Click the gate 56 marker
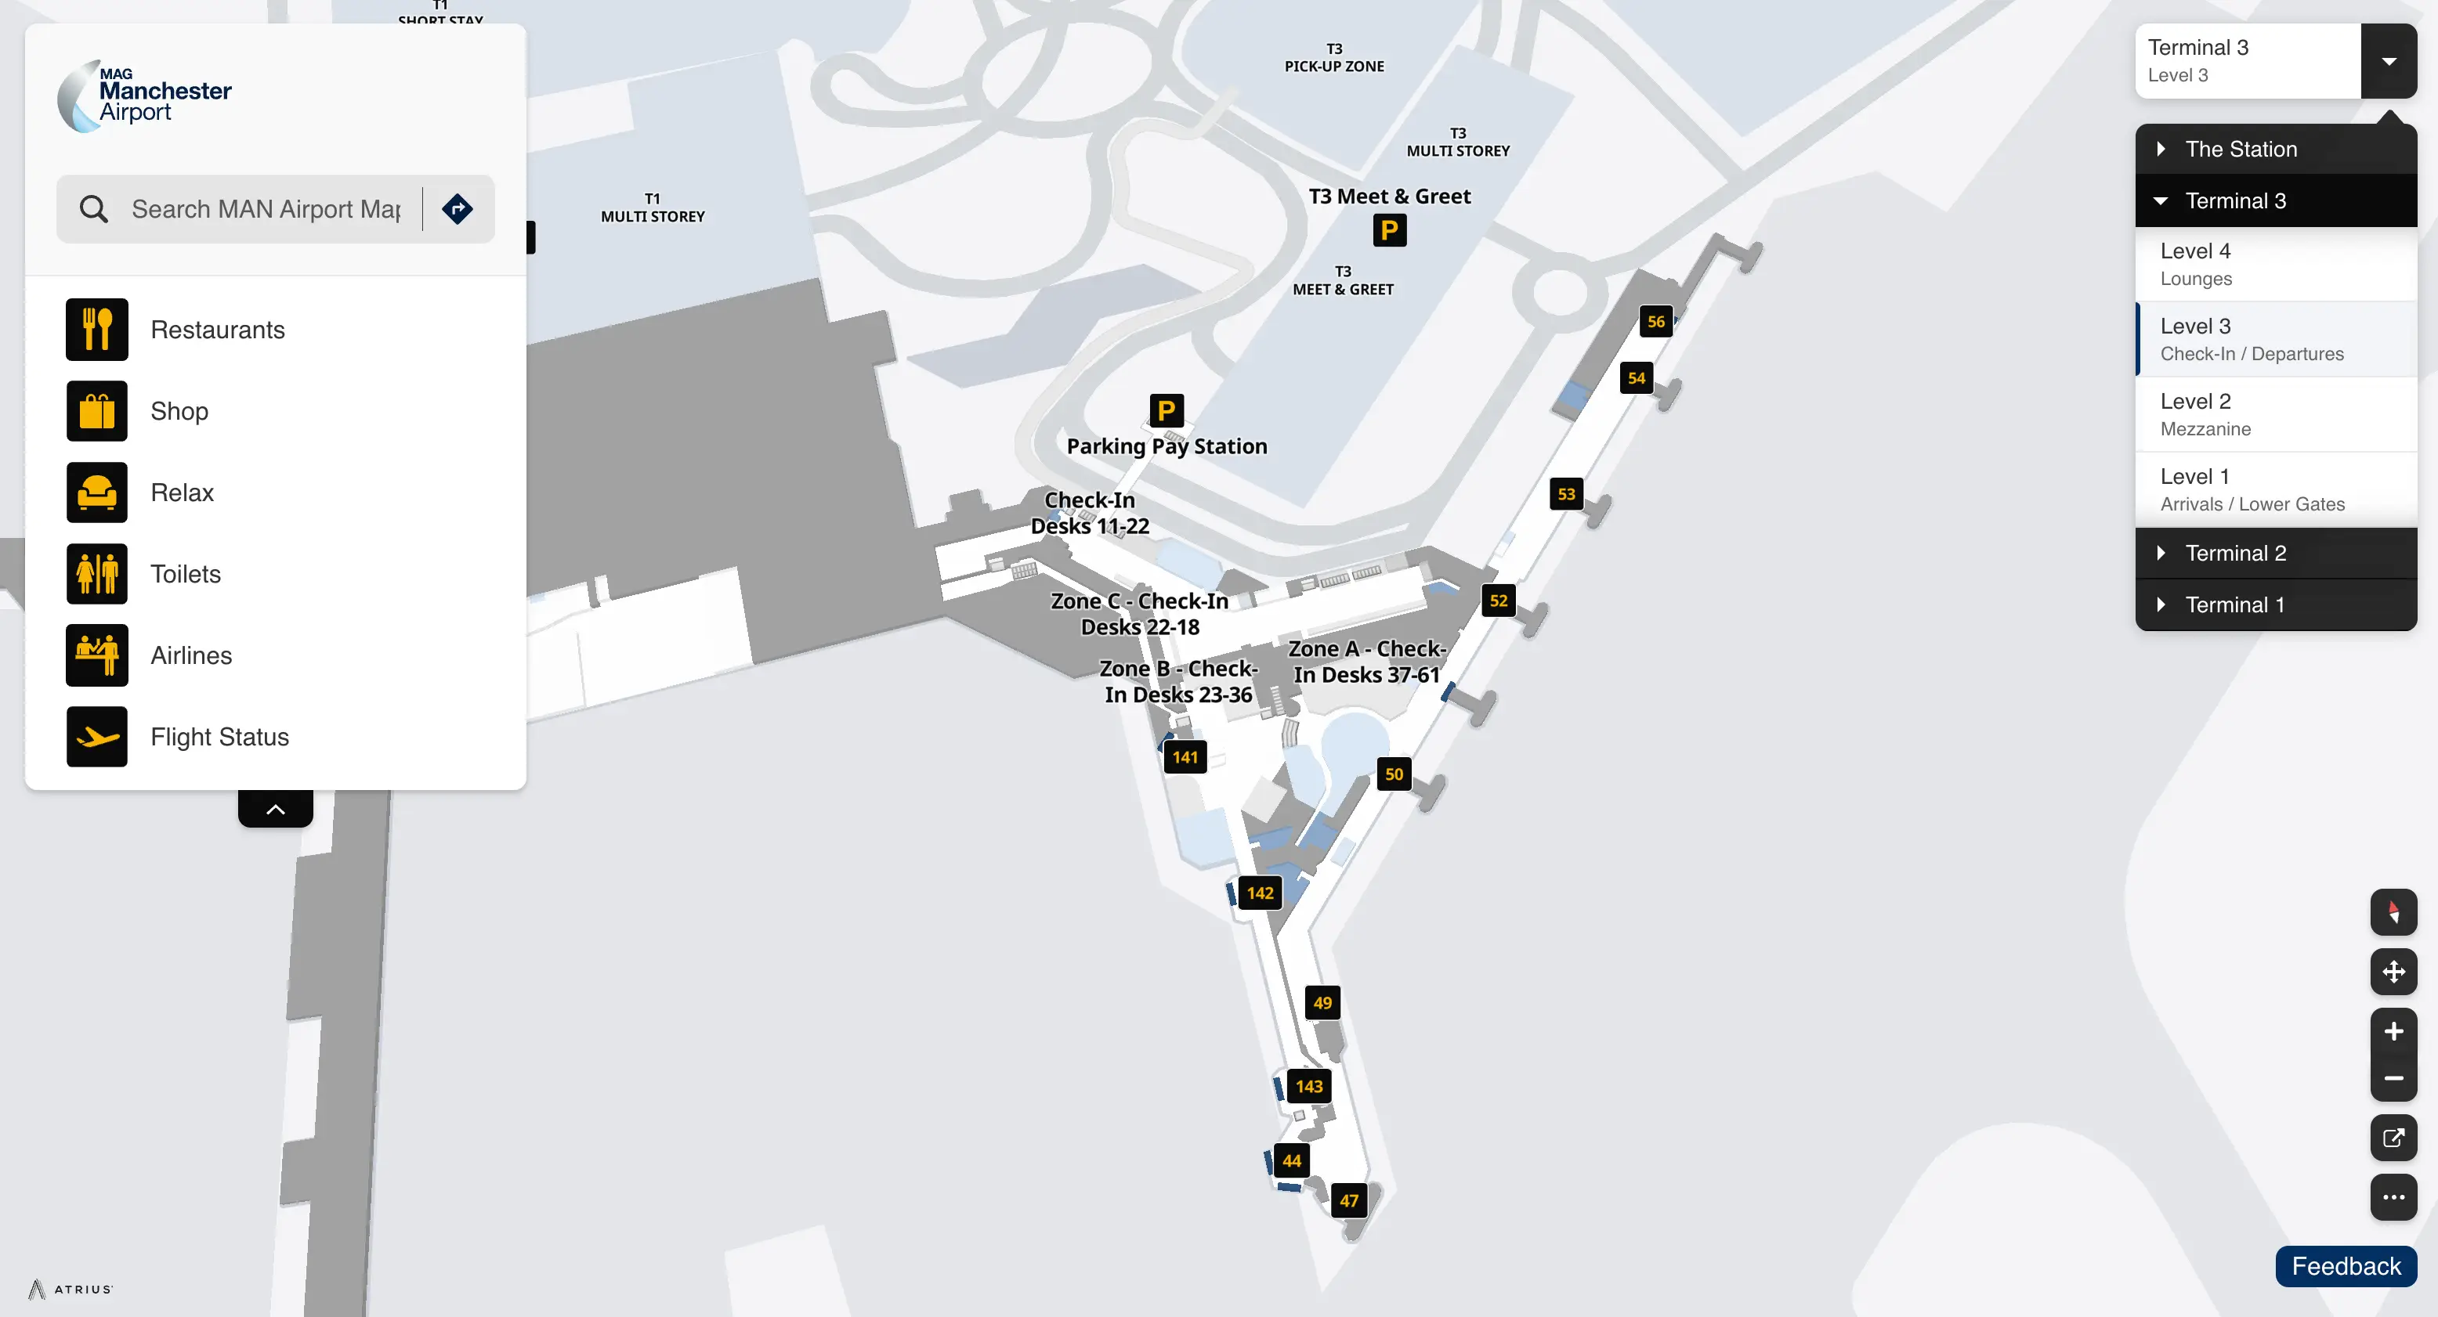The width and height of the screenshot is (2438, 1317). tap(1655, 322)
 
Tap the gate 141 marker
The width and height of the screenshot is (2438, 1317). tap(1185, 757)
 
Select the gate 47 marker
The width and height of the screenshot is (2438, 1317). tap(1349, 1200)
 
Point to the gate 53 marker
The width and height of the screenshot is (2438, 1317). tap(1566, 494)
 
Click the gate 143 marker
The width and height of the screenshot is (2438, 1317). tap(1309, 1086)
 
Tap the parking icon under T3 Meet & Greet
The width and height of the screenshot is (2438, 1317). tap(1389, 230)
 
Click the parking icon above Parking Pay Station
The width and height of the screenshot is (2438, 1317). tap(1166, 410)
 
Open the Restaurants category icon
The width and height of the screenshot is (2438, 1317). tap(96, 329)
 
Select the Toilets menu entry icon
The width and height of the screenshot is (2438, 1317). tap(96, 573)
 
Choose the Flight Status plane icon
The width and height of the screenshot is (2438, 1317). tap(96, 736)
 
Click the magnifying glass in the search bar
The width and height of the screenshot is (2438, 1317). tap(94, 209)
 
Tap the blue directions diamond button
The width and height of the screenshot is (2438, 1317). tap(458, 209)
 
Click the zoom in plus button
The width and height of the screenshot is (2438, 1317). tap(2393, 1031)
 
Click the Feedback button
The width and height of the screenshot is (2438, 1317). tap(2346, 1266)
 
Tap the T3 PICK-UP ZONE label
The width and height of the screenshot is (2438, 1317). tap(1333, 58)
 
